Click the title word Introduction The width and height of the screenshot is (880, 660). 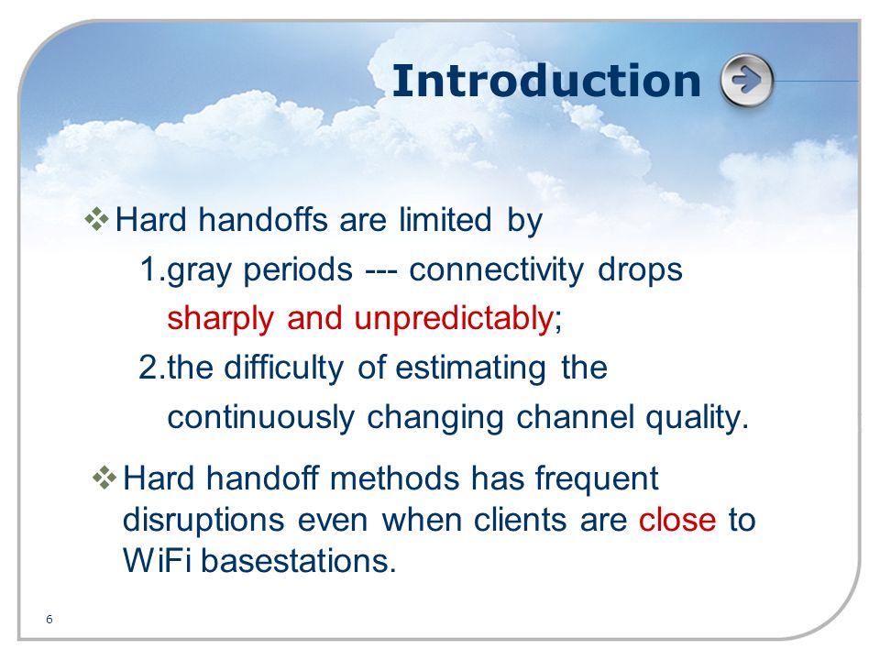coord(546,81)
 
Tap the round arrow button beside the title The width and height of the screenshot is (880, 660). coord(746,81)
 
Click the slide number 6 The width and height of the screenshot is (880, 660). coord(49,619)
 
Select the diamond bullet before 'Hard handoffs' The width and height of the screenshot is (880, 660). coord(96,219)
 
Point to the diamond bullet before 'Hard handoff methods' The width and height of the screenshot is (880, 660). coord(104,478)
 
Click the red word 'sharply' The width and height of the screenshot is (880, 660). coord(221,320)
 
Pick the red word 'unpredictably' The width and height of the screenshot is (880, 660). coord(454,320)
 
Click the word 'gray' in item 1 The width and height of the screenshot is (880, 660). coord(199,271)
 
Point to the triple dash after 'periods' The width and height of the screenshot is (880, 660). coord(381,270)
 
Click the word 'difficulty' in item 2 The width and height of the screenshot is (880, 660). coord(284,368)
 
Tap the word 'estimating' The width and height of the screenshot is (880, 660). coord(470,369)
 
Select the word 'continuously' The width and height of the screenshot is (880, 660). coord(261,419)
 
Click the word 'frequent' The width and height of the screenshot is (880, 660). coord(597,479)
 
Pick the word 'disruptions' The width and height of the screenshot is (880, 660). coord(203,521)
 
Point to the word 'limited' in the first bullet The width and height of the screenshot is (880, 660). coord(445,219)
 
